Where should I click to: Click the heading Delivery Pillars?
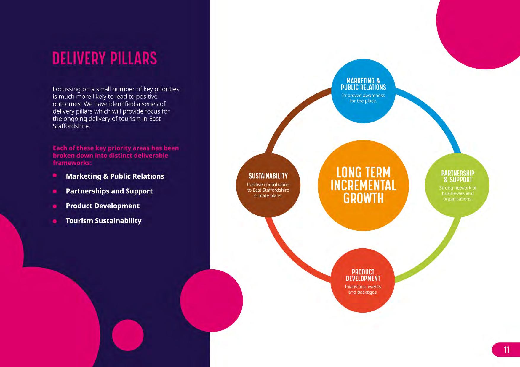[105, 58]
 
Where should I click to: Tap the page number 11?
[506, 350]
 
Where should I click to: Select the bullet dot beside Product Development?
[55, 206]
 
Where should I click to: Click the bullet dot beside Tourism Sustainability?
[55, 221]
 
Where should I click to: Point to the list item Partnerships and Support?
[109, 191]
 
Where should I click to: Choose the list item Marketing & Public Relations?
[115, 176]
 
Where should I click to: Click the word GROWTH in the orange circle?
[363, 198]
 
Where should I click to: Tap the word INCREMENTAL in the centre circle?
[363, 185]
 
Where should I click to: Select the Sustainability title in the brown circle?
[268, 176]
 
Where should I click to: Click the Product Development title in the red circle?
[363, 275]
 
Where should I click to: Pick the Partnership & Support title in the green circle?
[457, 176]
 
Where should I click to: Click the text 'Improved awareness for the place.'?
[363, 98]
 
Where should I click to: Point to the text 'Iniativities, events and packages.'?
[363, 289]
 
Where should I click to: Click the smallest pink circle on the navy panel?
[128, 335]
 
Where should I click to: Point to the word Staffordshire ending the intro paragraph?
[71, 126]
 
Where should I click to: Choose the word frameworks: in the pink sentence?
[72, 163]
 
